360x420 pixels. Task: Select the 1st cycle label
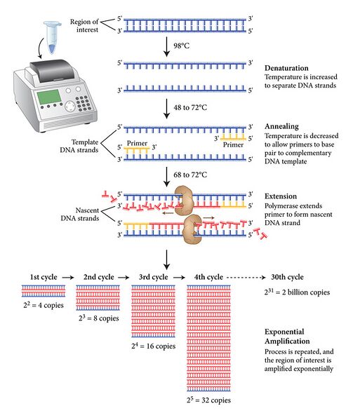[44, 277]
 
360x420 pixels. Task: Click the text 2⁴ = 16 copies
[153, 346]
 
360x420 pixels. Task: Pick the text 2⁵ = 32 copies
[215, 400]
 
